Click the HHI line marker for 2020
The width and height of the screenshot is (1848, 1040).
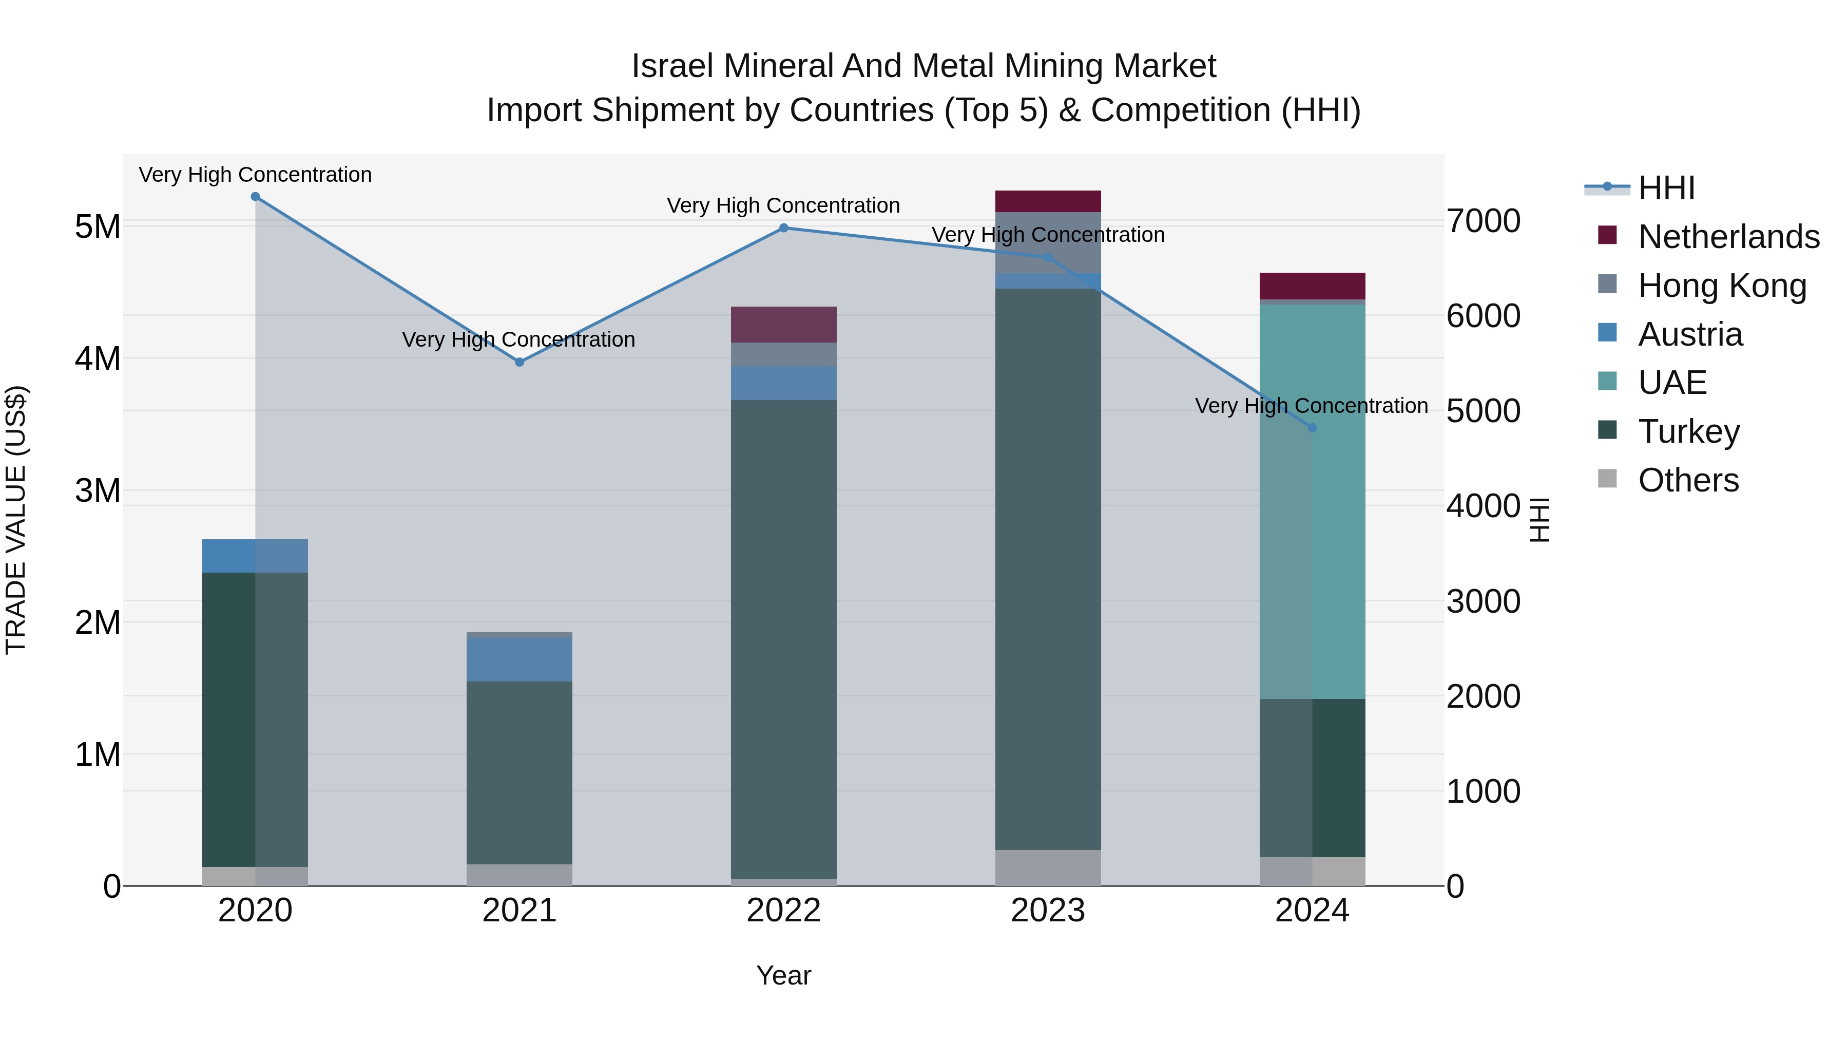(256, 197)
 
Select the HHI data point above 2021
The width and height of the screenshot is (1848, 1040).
(519, 363)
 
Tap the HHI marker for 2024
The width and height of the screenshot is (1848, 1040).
(1312, 428)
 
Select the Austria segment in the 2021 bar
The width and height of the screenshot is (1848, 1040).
(519, 659)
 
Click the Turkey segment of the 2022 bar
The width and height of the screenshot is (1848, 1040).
(783, 639)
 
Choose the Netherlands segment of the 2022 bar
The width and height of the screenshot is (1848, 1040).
(783, 325)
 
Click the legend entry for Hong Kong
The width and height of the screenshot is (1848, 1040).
(1722, 286)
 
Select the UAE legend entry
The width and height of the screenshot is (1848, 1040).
(1671, 383)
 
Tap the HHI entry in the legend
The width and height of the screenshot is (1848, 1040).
(1666, 188)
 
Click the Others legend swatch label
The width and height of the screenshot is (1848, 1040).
(1688, 480)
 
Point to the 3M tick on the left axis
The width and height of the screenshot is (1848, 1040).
(98, 491)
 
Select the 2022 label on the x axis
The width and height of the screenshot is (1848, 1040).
(783, 911)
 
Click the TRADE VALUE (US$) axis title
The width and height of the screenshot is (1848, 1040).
(16, 520)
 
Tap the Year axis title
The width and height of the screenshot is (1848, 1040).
(783, 975)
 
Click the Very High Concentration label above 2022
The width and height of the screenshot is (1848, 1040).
(783, 205)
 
